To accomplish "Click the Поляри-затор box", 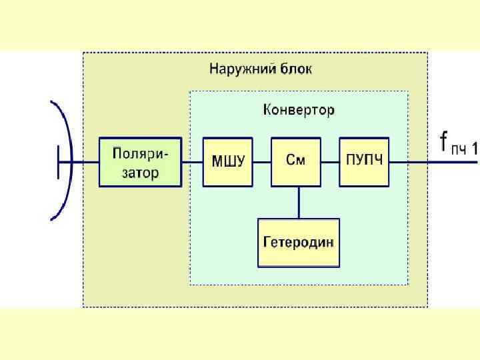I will pyautogui.click(x=140, y=162).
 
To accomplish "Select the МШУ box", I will pyautogui.click(x=228, y=162).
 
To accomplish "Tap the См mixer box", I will pyautogui.click(x=296, y=162).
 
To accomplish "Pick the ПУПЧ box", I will pyautogui.click(x=364, y=162).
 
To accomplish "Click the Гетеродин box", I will pyautogui.click(x=298, y=242).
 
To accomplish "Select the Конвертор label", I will pyautogui.click(x=299, y=109).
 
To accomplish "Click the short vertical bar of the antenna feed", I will pyautogui.click(x=58, y=162).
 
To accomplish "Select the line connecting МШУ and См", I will pyautogui.click(x=263, y=162).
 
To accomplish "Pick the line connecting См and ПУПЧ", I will pyautogui.click(x=330, y=162).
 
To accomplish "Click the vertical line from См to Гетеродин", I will pyautogui.click(x=298, y=202).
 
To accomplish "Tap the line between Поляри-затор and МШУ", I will pyautogui.click(x=192, y=162).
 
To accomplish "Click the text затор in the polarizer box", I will pyautogui.click(x=139, y=173).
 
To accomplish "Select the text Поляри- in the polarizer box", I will pyautogui.click(x=140, y=153).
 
